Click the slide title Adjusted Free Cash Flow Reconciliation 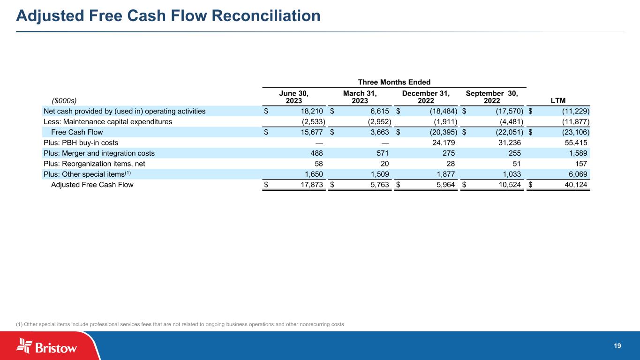[x=168, y=16]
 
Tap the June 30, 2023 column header [x=294, y=97]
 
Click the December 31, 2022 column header [x=426, y=97]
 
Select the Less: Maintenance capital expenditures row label [x=108, y=121]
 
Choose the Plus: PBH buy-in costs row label [x=81, y=142]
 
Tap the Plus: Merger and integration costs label [x=99, y=153]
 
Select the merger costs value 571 [x=383, y=153]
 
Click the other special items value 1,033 [x=510, y=174]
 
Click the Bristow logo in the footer [x=47, y=346]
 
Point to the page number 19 [x=617, y=346]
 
